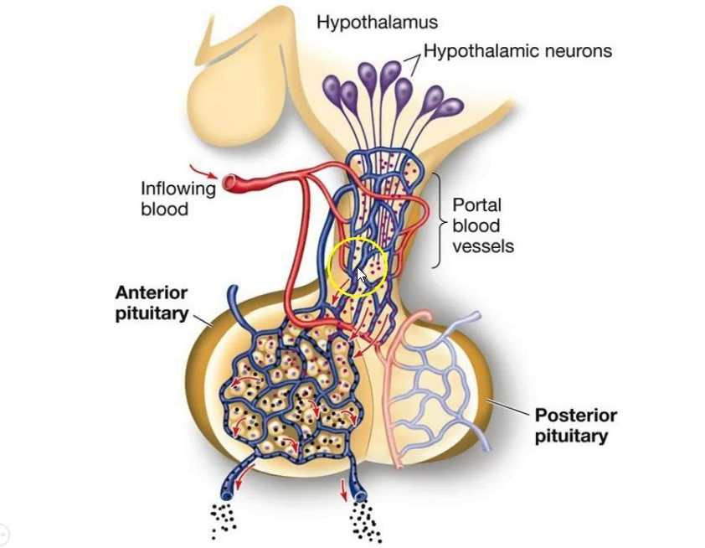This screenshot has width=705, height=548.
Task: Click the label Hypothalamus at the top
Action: tap(377, 23)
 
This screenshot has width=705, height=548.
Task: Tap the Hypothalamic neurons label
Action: tap(517, 51)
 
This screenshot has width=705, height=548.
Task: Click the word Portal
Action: tap(476, 204)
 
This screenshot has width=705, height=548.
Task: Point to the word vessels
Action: tap(483, 246)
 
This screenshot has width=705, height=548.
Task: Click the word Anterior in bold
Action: tap(152, 293)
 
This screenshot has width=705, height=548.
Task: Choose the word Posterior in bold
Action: tap(576, 416)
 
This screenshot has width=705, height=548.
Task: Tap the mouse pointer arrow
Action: tap(362, 276)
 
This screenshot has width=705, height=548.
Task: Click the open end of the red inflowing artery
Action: tap(229, 181)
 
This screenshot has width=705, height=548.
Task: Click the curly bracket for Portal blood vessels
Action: tap(437, 220)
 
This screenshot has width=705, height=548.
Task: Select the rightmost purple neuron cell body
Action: tap(450, 108)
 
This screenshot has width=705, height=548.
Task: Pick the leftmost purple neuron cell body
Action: tap(332, 87)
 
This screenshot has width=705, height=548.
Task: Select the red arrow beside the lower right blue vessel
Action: tap(343, 489)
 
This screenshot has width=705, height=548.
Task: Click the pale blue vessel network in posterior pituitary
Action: tap(440, 385)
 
